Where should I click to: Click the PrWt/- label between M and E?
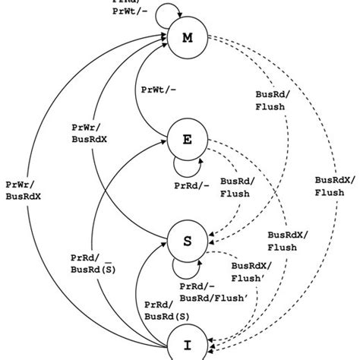point(159,90)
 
